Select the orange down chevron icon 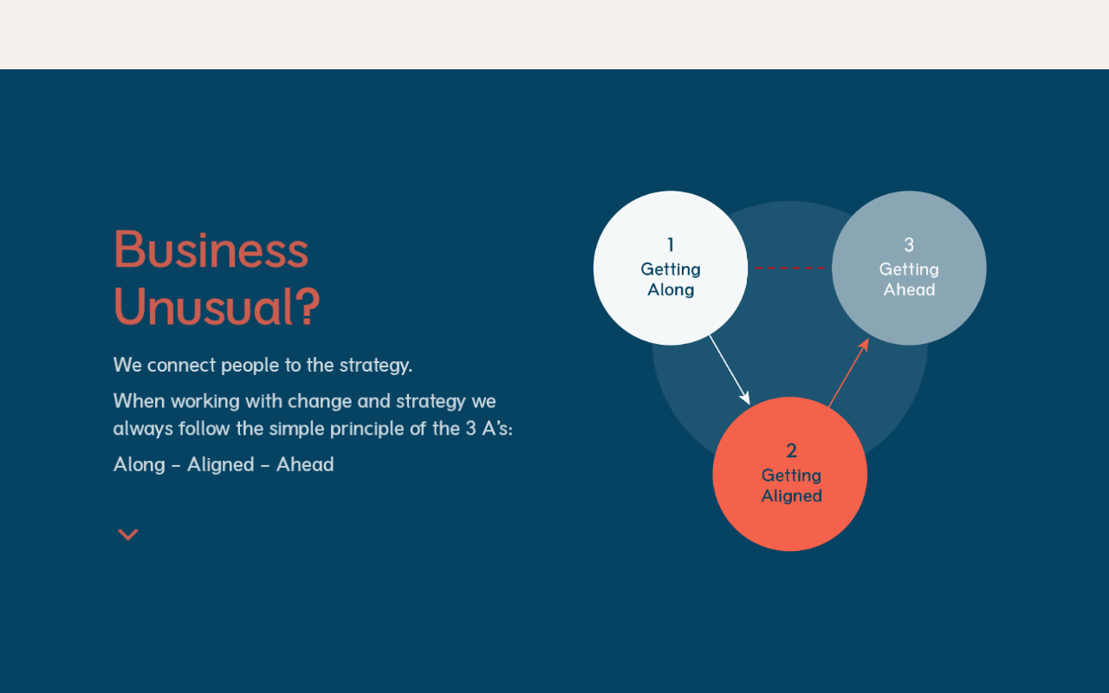tap(127, 534)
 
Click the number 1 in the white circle tap(671, 244)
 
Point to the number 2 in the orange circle tap(791, 450)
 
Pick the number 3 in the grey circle tap(909, 244)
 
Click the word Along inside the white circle tap(671, 289)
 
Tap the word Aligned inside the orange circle tap(792, 496)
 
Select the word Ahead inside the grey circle tap(910, 289)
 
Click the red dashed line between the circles tap(789, 269)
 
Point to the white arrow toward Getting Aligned tap(730, 370)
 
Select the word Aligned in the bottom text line tap(220, 465)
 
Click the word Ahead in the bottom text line tap(305, 465)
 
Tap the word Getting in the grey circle tap(909, 269)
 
